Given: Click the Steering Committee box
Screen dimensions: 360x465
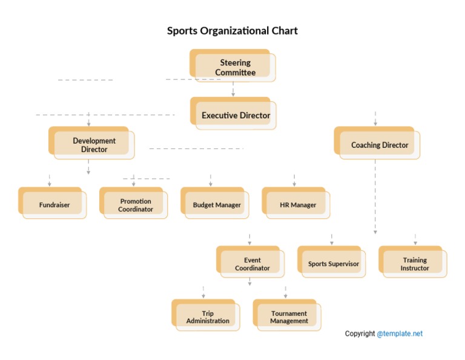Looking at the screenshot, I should point(234,67).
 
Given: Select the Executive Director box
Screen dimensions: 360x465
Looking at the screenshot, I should point(235,115).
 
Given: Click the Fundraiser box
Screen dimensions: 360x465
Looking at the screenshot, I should point(54,204).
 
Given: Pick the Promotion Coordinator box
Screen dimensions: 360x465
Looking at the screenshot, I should point(135,204).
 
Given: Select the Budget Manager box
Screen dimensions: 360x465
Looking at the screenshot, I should point(216,204).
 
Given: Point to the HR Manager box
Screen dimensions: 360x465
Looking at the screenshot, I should point(297,204).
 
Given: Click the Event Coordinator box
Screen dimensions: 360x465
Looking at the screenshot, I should point(252,264).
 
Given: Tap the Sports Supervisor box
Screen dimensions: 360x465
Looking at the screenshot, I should point(333,264).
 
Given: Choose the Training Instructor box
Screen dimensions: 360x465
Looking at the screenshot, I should point(414,264).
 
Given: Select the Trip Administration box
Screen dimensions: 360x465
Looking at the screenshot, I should point(207,316).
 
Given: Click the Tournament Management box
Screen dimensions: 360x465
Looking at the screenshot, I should point(288,316).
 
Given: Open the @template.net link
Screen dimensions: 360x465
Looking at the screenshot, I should point(400,333).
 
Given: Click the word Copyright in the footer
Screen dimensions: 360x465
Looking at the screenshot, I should point(360,333).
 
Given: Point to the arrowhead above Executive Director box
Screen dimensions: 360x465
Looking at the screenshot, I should point(233,94).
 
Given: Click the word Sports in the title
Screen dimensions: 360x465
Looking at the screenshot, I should point(182,31).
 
